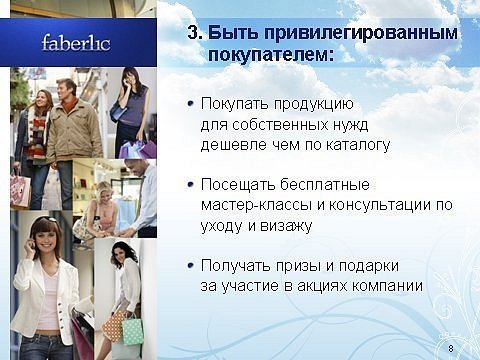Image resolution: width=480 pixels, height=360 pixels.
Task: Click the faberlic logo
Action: pos(76,43)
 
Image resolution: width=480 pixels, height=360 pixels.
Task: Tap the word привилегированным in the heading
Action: pos(333,33)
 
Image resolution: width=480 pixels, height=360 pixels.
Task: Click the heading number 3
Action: pos(195,33)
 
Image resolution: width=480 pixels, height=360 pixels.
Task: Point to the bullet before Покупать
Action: pos(191,104)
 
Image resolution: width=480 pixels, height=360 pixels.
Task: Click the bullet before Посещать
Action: pos(191,184)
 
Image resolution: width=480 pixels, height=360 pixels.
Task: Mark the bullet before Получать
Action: pos(191,265)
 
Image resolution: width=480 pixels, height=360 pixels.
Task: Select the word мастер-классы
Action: pos(257,205)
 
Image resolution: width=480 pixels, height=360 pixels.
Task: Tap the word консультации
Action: pos(380,205)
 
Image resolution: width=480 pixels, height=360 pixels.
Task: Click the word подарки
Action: pos(369,266)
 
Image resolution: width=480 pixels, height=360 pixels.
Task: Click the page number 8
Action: pos(451,349)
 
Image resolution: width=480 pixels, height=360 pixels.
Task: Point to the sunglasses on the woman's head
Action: pos(46,220)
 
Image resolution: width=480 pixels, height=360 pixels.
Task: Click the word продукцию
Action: pos(314,105)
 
